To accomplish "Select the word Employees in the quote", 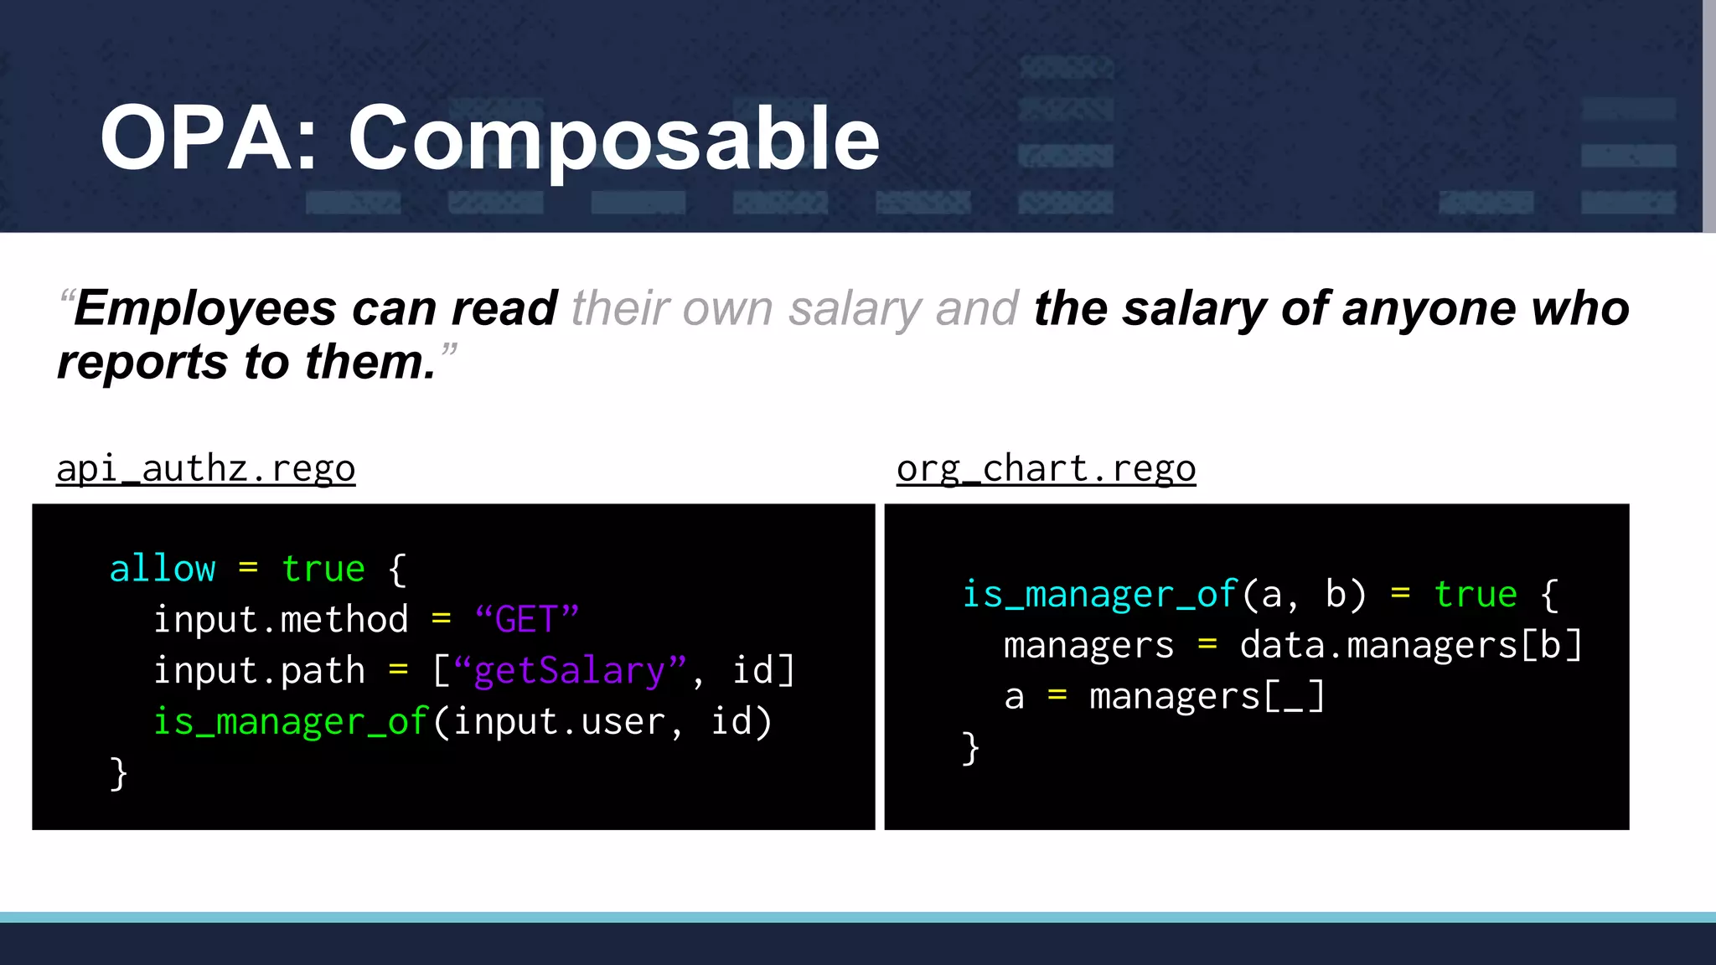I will [206, 308].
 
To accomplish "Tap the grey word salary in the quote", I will [855, 308].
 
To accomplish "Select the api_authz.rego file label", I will [206, 468].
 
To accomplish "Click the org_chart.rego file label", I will [1046, 468].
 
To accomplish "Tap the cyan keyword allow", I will [163, 569].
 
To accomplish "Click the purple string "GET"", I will [526, 620].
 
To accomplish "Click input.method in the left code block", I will [281, 620].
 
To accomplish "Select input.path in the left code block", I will [259, 671].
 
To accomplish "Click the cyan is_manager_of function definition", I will [1098, 595].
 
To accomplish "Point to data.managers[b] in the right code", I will [1411, 646].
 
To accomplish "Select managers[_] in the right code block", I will [1207, 697].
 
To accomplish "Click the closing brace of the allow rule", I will [119, 773].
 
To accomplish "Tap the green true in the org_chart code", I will [1476, 595].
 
